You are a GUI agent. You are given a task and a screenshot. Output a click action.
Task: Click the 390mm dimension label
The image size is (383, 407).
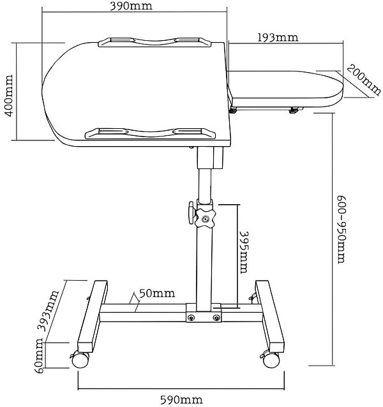pos(131,6)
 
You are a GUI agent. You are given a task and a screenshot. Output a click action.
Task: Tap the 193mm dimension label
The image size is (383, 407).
pos(278,38)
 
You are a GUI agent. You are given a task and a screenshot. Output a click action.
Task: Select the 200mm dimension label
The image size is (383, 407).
pos(364,80)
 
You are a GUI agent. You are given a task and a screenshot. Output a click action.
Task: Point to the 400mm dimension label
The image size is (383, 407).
pos(9,96)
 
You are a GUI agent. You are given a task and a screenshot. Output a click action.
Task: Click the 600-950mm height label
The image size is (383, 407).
pos(342,230)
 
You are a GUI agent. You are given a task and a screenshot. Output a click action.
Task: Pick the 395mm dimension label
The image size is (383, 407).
pos(243,252)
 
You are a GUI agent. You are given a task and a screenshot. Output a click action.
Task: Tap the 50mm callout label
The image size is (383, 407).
pos(157,293)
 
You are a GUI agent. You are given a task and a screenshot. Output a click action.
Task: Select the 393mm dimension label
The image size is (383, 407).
pos(49,311)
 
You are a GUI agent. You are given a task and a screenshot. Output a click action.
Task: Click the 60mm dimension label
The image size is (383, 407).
pos(39,355)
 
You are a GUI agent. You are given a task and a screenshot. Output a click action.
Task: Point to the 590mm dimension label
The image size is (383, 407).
pos(181,400)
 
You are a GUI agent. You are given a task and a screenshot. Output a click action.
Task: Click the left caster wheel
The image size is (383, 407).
pos(81,360)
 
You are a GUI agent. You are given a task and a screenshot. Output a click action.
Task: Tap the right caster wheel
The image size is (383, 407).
pos(271,360)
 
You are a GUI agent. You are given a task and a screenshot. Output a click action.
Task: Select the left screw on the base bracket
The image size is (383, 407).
pos(191,318)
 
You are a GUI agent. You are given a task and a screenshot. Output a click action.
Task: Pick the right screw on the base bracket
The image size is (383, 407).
pos(216,318)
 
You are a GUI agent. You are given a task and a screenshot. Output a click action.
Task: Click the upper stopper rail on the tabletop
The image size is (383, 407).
pos(155,43)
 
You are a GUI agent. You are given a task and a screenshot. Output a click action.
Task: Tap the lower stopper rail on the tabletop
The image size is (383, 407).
pos(151,133)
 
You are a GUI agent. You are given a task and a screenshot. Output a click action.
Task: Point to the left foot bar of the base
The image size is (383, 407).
pos(93,316)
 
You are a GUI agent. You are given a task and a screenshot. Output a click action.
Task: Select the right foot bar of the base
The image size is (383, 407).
pos(270,316)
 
